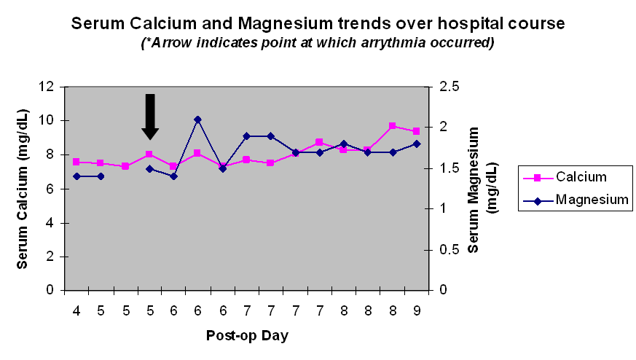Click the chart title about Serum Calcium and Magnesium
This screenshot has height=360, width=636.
[x=318, y=23]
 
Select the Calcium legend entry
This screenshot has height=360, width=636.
[x=576, y=177]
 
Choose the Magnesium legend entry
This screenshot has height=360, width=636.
[x=576, y=199]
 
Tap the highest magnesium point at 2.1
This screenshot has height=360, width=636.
[x=197, y=119]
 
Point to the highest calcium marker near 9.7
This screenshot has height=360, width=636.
[x=392, y=126]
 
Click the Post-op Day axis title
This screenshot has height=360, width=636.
[x=246, y=336]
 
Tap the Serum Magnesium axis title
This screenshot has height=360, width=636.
[x=482, y=189]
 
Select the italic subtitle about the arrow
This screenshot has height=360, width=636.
[x=318, y=43]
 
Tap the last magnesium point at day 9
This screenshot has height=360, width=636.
[x=416, y=144]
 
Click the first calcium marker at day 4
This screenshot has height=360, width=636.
[x=76, y=162]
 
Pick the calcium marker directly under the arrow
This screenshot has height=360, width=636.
[x=149, y=154]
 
